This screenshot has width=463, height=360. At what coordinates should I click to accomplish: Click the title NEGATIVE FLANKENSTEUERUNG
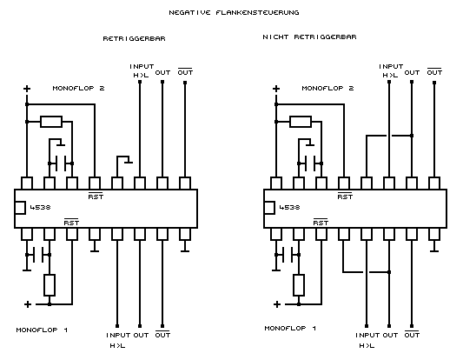pyautogui.click(x=234, y=12)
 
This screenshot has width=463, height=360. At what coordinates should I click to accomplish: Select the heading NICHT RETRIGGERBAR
pyautogui.click(x=309, y=37)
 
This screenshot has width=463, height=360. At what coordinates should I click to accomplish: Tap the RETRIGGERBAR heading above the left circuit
pyautogui.click(x=134, y=39)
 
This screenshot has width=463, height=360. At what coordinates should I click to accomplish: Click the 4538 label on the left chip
pyautogui.click(x=41, y=208)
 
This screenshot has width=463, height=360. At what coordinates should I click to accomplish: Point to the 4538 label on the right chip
pyautogui.click(x=289, y=208)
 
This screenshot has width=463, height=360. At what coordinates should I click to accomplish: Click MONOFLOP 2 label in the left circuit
pyautogui.click(x=78, y=88)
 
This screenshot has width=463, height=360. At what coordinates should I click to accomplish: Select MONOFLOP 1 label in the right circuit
pyautogui.click(x=290, y=328)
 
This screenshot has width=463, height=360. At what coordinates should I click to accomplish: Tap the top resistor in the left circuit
pyautogui.click(x=51, y=122)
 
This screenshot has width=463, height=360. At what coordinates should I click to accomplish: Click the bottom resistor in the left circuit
pyautogui.click(x=50, y=285)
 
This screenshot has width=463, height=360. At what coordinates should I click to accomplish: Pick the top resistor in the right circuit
pyautogui.click(x=301, y=122)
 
